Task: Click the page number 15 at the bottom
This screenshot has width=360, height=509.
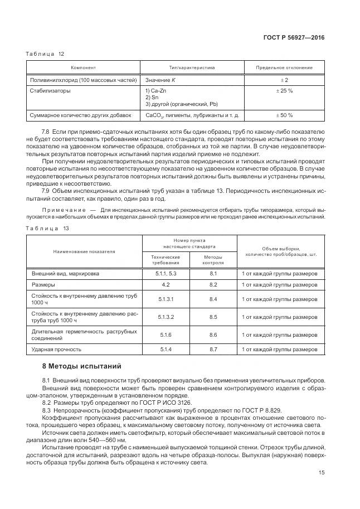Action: (x=320, y=472)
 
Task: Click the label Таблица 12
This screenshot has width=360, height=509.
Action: (x=46, y=54)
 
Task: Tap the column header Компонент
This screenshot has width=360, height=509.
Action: (x=84, y=68)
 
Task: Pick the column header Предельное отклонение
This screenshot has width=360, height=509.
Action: (x=284, y=68)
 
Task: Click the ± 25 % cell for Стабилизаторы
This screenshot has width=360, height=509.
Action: (x=284, y=90)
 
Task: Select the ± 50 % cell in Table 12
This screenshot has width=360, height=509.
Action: (x=284, y=115)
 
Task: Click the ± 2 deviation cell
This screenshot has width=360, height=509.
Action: (x=284, y=80)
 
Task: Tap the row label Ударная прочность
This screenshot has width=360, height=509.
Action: (x=56, y=350)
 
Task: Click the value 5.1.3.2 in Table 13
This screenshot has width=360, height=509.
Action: (x=166, y=317)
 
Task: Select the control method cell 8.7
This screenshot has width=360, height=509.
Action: (x=212, y=350)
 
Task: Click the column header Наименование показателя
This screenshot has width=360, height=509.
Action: (x=84, y=251)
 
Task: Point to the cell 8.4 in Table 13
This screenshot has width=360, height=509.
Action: (x=212, y=299)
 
